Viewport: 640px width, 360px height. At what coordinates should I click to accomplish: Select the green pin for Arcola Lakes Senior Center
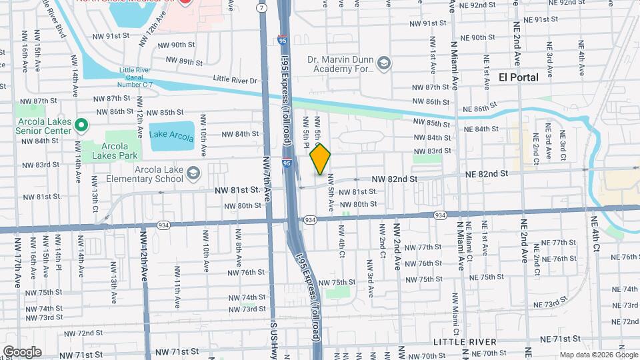coord(81,125)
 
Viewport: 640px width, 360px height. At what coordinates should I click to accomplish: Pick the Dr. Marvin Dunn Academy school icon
coord(383,63)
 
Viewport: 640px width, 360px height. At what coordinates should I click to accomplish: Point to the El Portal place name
coord(518,77)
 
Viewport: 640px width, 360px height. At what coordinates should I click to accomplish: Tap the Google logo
coord(21,351)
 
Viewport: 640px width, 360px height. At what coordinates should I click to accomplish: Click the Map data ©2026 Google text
coord(597,354)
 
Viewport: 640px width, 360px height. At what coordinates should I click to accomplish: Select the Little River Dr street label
coord(235,79)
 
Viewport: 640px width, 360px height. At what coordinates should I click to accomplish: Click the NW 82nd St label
coord(394,179)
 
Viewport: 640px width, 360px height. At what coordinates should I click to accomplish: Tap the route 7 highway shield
coord(263,7)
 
